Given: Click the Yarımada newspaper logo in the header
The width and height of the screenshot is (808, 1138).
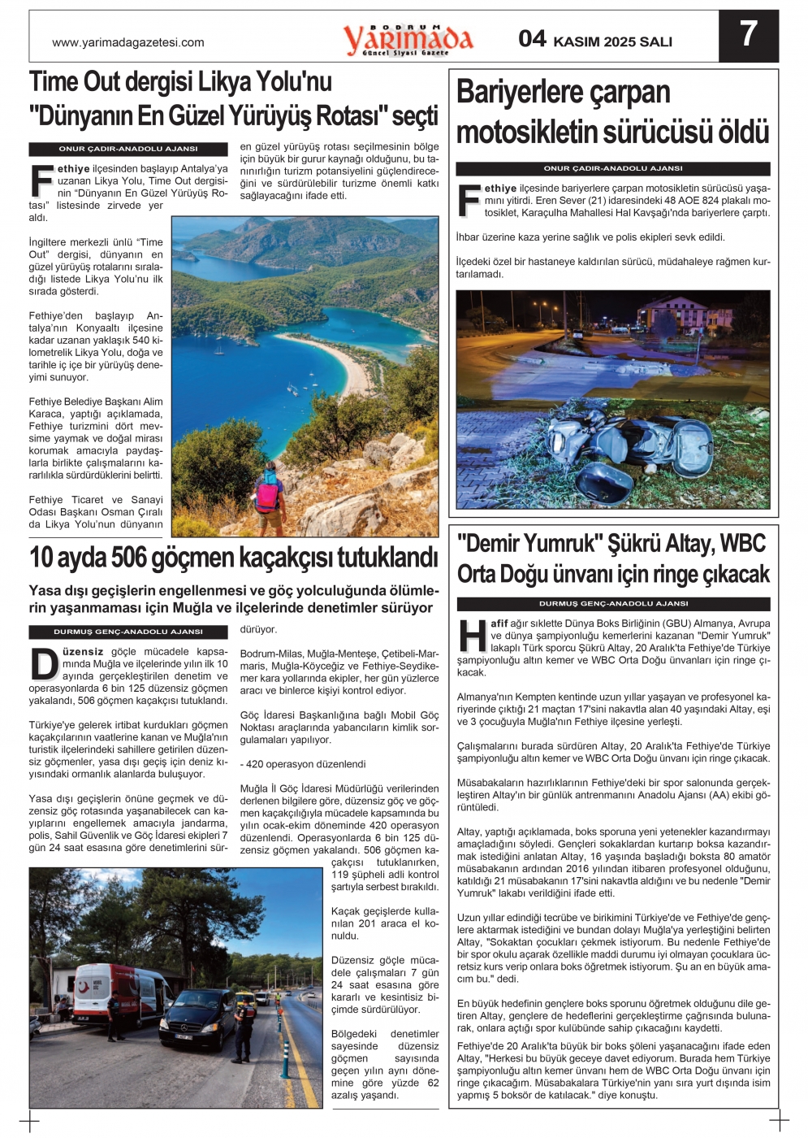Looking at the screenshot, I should click(x=408, y=39).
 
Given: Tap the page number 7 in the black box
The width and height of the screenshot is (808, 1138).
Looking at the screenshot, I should click(x=748, y=35).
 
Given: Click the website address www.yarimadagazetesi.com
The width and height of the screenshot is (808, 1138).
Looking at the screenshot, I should click(x=127, y=43).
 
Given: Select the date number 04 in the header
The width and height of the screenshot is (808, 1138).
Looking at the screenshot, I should click(x=533, y=39).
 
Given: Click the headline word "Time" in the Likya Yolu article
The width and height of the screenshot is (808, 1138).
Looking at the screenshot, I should click(x=54, y=82).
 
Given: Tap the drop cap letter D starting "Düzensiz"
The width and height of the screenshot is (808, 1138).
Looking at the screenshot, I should click(x=44, y=663).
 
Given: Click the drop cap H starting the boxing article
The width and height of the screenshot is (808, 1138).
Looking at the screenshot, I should click(x=472, y=635).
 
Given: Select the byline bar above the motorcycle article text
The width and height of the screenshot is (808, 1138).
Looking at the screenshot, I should click(x=612, y=168).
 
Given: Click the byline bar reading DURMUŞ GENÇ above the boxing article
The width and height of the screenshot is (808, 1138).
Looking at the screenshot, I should click(x=612, y=604).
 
